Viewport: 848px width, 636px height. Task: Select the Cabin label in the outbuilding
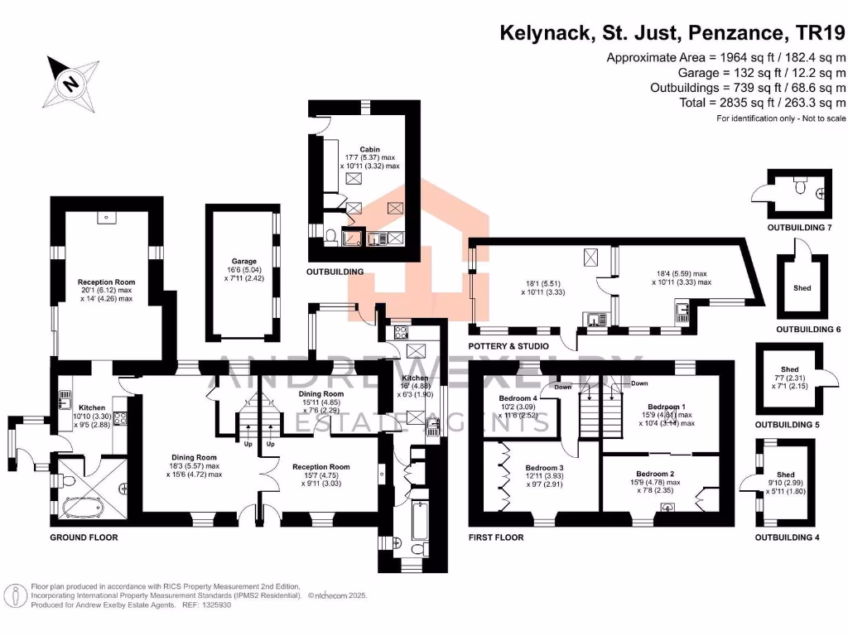[369, 150]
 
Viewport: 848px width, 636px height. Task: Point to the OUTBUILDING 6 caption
[808, 330]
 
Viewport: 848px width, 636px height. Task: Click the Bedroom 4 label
[518, 398]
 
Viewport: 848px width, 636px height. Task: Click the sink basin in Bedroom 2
[667, 508]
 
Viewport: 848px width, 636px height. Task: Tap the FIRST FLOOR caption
[496, 537]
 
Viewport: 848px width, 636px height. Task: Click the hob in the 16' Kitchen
[399, 333]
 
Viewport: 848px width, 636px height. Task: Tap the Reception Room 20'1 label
[106, 282]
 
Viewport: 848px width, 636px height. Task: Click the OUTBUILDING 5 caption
[787, 425]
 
